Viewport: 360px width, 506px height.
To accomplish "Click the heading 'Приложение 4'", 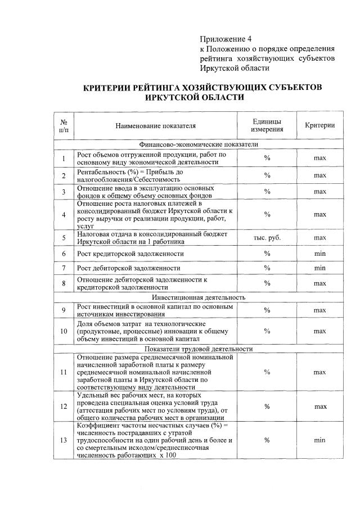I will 227,39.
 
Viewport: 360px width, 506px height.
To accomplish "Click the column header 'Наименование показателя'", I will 156,125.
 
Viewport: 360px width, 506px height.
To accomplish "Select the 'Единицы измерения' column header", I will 267,125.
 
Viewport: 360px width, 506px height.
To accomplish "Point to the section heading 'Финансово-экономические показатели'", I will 201,144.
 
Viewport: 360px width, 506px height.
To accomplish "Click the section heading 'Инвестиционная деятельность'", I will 201,297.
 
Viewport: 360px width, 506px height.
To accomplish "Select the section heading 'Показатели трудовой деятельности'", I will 201,349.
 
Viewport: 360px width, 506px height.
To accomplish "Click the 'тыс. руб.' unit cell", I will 267,237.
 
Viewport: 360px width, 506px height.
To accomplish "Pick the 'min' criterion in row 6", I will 319,254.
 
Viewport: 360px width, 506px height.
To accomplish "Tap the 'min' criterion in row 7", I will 319,268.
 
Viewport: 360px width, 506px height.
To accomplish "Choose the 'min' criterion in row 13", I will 319,440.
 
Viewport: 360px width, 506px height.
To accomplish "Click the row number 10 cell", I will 64,331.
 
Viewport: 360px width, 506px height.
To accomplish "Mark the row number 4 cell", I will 64,214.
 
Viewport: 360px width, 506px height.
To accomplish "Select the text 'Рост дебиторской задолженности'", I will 129,268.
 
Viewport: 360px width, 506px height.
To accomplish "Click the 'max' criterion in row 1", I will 319,159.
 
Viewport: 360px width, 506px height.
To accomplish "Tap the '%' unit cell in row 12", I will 267,406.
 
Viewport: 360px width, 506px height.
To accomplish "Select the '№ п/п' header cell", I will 64,125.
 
